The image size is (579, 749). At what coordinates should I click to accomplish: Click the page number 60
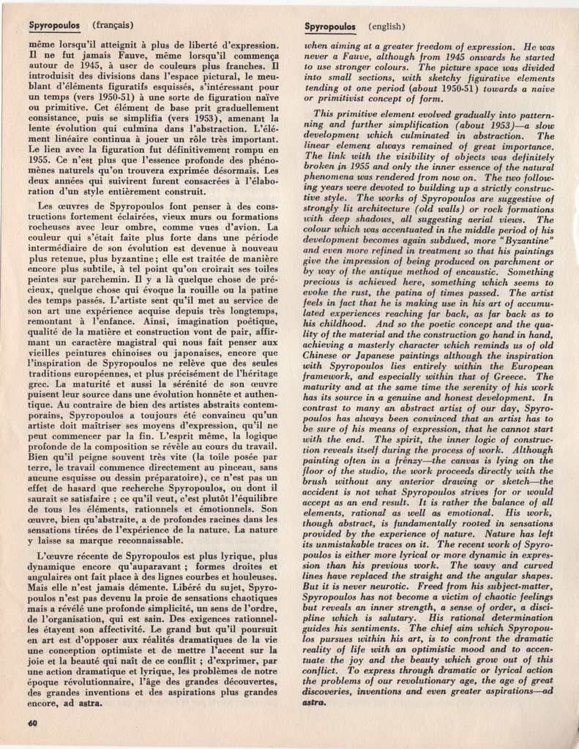pyautogui.click(x=31, y=723)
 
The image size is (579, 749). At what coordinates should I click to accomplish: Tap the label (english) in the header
pyautogui.click(x=387, y=26)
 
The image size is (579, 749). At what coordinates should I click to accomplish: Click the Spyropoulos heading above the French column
pyautogui.click(x=54, y=26)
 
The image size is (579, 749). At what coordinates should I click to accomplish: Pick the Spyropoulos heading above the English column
pyautogui.click(x=329, y=26)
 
